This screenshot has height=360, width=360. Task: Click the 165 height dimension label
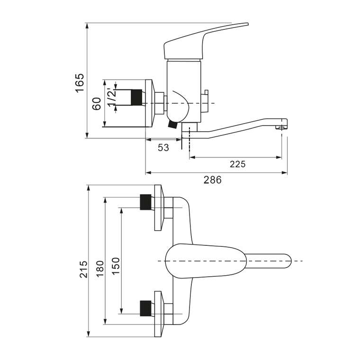(80, 83)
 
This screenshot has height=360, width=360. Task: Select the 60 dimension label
(97, 104)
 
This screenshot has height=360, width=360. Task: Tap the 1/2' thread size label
(112, 98)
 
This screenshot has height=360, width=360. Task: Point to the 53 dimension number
(163, 148)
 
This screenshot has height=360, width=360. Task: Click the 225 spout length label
(238, 164)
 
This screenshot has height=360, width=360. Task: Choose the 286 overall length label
(213, 180)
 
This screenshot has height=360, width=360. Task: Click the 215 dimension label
(83, 270)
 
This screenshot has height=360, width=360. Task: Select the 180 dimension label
(100, 269)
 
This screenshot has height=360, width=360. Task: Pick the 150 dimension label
(116, 266)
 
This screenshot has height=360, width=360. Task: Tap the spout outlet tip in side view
(282, 124)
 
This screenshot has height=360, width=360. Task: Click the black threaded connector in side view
(136, 98)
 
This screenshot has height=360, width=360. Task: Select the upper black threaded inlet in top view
(145, 202)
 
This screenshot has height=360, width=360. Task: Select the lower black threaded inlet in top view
(145, 308)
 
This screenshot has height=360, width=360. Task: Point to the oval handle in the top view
(206, 261)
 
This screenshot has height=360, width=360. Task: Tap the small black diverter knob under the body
(172, 125)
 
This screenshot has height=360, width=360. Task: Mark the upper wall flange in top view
(159, 208)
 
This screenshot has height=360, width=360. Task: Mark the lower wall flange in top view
(159, 314)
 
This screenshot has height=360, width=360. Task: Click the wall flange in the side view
(149, 103)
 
